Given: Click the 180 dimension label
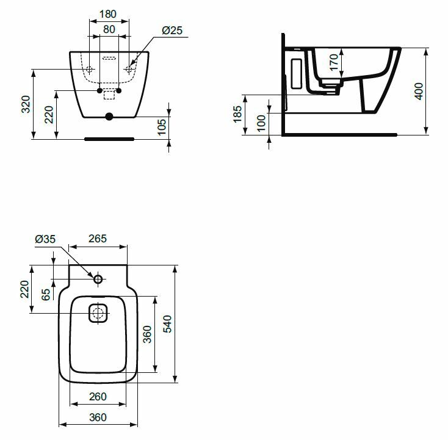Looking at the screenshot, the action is coord(108,14).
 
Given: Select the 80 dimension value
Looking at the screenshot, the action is coord(109,29).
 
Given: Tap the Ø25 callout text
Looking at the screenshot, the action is coord(172,31).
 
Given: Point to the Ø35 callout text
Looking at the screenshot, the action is coord(45,239).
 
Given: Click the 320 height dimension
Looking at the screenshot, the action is coord(26,104).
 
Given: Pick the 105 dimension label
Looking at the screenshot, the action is coord(162,127).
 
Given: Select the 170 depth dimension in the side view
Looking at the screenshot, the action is coord(334,62).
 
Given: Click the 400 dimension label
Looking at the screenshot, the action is coord(419,91).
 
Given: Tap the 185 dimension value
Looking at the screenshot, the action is coord(237,114).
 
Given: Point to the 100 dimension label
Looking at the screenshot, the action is coord(261,123).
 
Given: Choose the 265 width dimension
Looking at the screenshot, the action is coord(98,239).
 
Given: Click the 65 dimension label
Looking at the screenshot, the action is coord(46,295).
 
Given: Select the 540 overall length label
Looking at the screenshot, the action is coord(167,324).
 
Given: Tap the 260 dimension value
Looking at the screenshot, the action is coord(98,397).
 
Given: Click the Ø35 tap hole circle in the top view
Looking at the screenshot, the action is coord(98,279).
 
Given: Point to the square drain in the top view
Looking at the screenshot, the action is coord(98,313).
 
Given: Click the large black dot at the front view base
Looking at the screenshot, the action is coord(109,117).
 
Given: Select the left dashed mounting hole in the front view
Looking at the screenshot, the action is coord(90,69).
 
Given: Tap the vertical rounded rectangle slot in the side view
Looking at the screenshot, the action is coord(297,73).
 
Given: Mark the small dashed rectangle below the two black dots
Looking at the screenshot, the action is coord(109,95).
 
